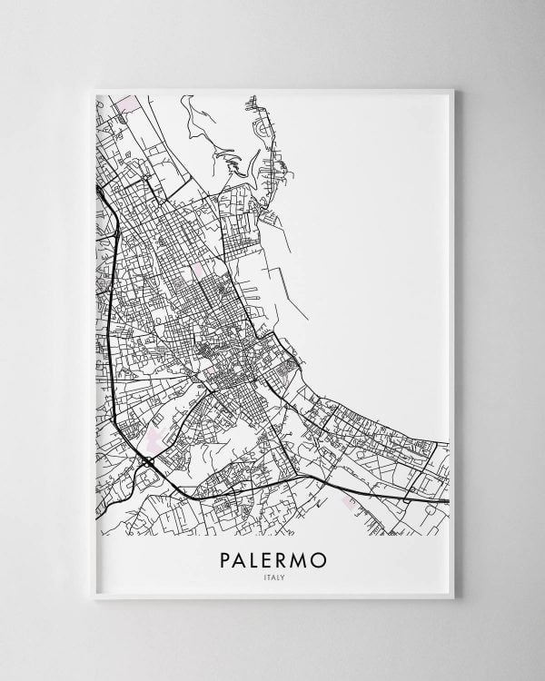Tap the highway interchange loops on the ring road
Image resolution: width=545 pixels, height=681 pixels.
click(146, 462)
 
